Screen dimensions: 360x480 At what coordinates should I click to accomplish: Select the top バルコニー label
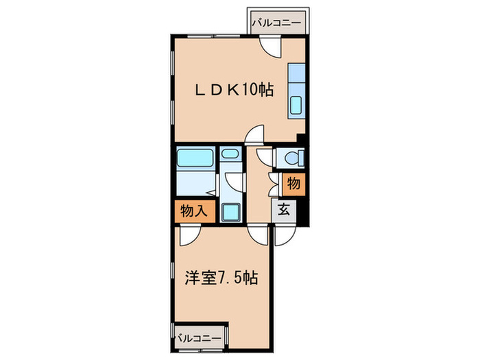point(276,23)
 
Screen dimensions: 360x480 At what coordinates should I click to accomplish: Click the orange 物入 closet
point(194,211)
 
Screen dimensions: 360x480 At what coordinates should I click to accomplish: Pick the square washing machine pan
point(230,212)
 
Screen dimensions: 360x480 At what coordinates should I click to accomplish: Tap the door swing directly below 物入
point(188,235)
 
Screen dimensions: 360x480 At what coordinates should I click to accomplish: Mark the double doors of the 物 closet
point(274,183)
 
